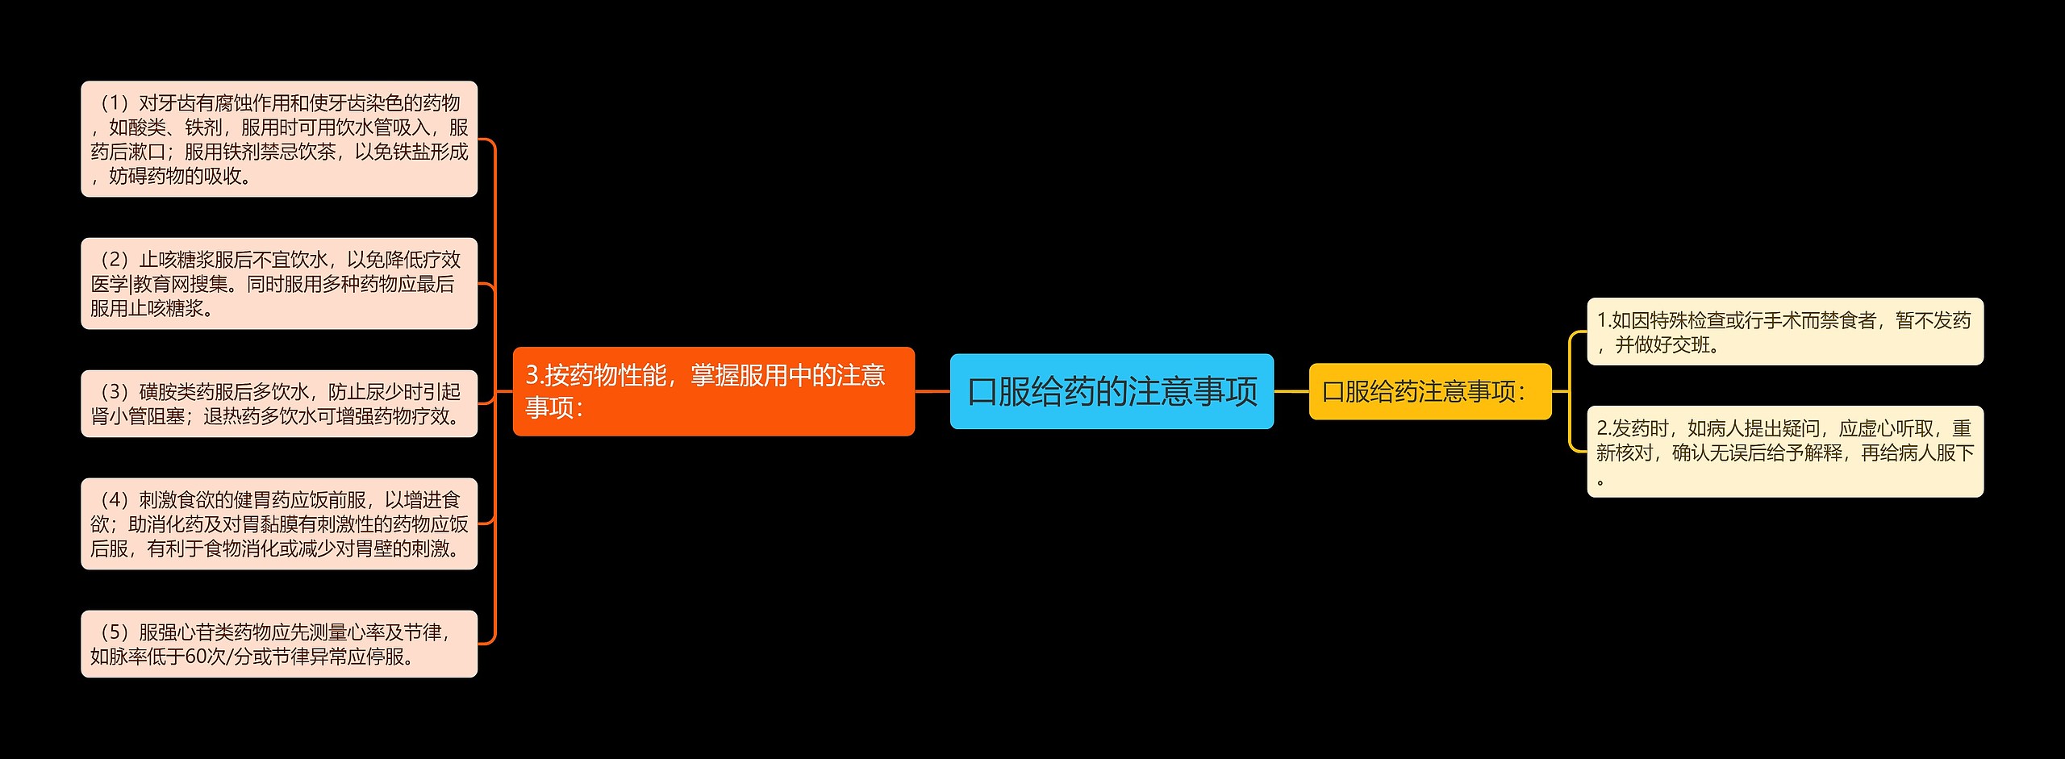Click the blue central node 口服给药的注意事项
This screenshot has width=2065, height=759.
(1112, 391)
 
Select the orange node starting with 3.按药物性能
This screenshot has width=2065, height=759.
(713, 391)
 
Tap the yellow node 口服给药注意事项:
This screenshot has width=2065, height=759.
(1429, 391)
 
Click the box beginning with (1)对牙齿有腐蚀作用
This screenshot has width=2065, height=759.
(279, 139)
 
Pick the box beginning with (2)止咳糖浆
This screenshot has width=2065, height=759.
(279, 283)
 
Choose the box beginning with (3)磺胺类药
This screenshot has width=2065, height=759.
(279, 403)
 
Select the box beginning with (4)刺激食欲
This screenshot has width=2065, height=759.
(279, 523)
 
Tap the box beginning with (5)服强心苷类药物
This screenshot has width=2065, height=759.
(279, 644)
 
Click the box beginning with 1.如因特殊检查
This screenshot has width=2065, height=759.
(1784, 332)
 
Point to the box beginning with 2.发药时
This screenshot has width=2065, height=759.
(1784, 451)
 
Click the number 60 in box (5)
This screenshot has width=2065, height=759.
(195, 657)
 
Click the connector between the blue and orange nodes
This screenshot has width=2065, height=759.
(932, 391)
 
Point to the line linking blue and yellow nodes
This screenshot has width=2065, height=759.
(1291, 391)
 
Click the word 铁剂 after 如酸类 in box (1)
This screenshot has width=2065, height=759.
(204, 127)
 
